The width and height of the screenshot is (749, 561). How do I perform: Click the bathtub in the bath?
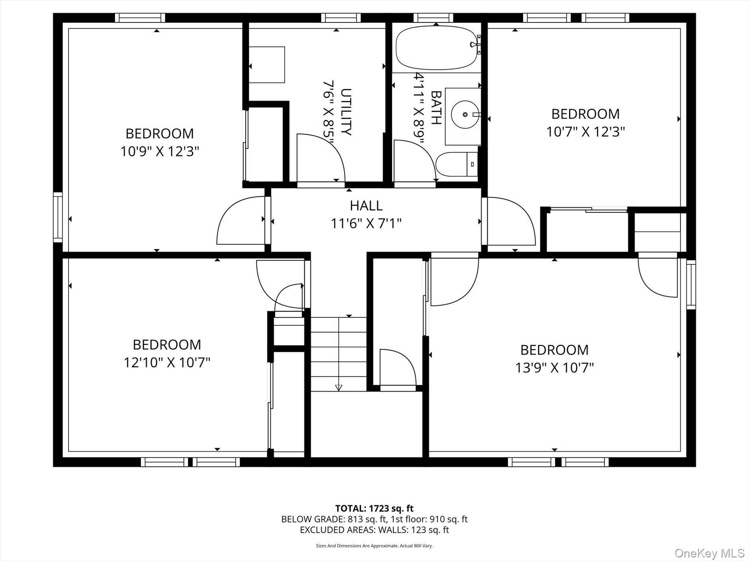click(x=436, y=48)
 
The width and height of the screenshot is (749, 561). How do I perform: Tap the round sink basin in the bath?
click(x=465, y=115)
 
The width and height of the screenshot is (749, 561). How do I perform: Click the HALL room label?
click(x=366, y=206)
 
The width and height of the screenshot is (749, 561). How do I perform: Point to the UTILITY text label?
click(x=345, y=112)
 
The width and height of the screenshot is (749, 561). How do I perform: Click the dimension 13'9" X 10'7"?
click(x=554, y=368)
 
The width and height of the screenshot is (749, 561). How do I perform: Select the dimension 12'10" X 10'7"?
click(x=167, y=362)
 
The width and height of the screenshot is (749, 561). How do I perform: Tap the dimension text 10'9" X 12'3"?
click(x=159, y=151)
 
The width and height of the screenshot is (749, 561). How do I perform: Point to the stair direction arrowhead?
click(x=338, y=388)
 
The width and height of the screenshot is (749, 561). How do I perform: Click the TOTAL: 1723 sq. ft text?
click(x=374, y=508)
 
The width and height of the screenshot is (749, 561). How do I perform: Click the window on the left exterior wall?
click(x=58, y=217)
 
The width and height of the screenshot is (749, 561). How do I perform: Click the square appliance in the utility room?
click(x=266, y=65)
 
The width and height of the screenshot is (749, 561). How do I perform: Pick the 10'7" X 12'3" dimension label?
click(x=585, y=131)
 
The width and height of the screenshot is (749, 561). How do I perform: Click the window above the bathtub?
click(x=433, y=18)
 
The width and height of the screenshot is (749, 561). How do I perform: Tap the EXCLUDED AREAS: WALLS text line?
click(x=374, y=530)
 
